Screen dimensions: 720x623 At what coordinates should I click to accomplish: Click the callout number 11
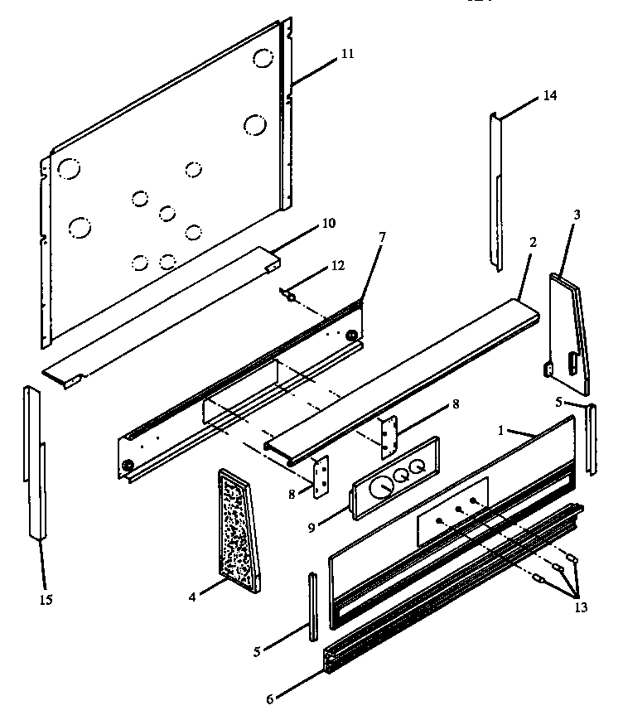coord(346,54)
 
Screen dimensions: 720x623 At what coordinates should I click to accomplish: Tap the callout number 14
coord(550,95)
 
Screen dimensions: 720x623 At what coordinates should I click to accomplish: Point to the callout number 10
coord(328,223)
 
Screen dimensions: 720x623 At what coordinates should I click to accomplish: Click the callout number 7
coord(381,237)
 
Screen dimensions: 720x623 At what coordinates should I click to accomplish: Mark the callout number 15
coord(46,599)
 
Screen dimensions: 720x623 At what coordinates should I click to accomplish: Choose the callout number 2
coord(533,243)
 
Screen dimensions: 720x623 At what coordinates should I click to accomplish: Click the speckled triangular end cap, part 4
coord(238,530)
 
